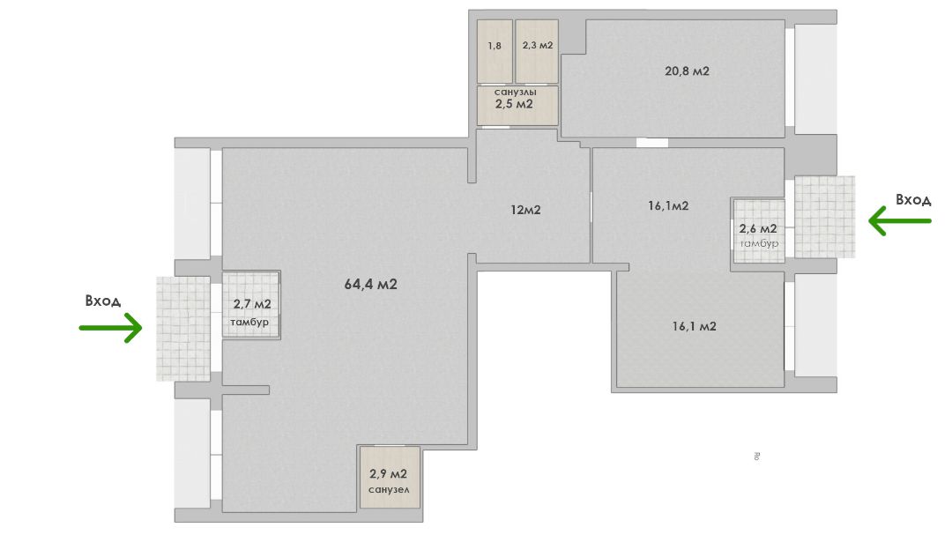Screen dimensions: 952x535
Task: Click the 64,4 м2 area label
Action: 370,284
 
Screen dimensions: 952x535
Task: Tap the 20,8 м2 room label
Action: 687,71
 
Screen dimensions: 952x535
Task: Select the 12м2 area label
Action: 525,210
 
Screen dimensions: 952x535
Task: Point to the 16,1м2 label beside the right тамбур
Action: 668,206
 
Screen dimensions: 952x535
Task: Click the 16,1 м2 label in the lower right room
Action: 694,326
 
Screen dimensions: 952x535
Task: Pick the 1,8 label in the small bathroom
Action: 495,46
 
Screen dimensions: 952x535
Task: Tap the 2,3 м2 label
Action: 538,45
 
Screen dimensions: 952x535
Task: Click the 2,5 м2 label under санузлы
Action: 514,104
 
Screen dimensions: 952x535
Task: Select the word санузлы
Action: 515,93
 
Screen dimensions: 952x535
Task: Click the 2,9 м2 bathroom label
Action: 388,473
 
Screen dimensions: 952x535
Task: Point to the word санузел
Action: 389,489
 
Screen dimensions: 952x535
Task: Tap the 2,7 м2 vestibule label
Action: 252,304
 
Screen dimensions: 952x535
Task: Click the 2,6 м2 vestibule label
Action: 758,229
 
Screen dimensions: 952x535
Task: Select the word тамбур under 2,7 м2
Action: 249,322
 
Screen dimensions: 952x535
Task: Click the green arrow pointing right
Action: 110,328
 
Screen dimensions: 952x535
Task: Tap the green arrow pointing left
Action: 900,220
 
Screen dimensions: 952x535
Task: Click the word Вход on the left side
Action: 102,301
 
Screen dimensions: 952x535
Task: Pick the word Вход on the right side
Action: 913,200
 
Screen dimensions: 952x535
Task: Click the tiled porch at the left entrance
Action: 183,329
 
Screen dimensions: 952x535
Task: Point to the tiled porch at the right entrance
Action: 824,217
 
